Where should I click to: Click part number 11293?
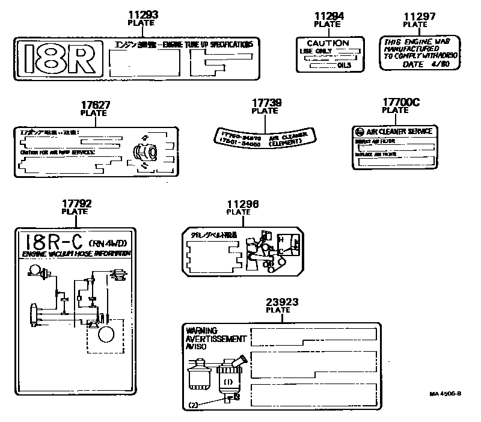coord(142,14)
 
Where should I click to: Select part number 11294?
coord(328,16)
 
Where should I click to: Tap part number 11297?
coord(415,16)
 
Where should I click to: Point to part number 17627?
coord(96,105)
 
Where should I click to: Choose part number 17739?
coord(265,103)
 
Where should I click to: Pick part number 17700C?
coord(396,102)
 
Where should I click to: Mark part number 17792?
coord(76,204)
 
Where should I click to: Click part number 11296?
coord(238,204)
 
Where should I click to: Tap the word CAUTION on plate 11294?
coord(328,43)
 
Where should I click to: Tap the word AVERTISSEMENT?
coord(212,338)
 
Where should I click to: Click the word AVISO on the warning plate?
coord(196,346)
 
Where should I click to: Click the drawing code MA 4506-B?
coord(446,394)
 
